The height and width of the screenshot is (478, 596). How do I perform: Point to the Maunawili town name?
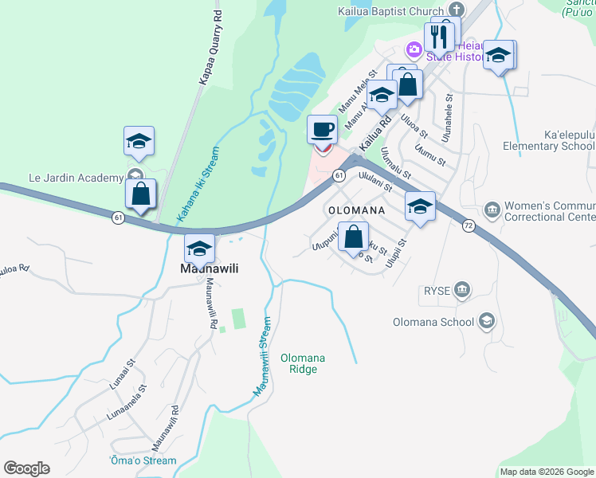205,268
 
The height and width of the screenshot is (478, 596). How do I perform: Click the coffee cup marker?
322,129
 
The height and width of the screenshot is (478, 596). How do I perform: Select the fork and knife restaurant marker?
438,36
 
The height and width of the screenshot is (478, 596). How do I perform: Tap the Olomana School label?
433,323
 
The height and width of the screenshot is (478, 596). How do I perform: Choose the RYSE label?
437,292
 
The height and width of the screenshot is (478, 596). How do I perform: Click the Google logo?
26,468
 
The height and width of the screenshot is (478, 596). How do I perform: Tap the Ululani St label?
376,182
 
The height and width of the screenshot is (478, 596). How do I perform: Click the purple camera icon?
414,50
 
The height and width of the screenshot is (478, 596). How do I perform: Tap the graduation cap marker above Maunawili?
199,248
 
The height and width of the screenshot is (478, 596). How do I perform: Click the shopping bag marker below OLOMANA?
353,236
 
